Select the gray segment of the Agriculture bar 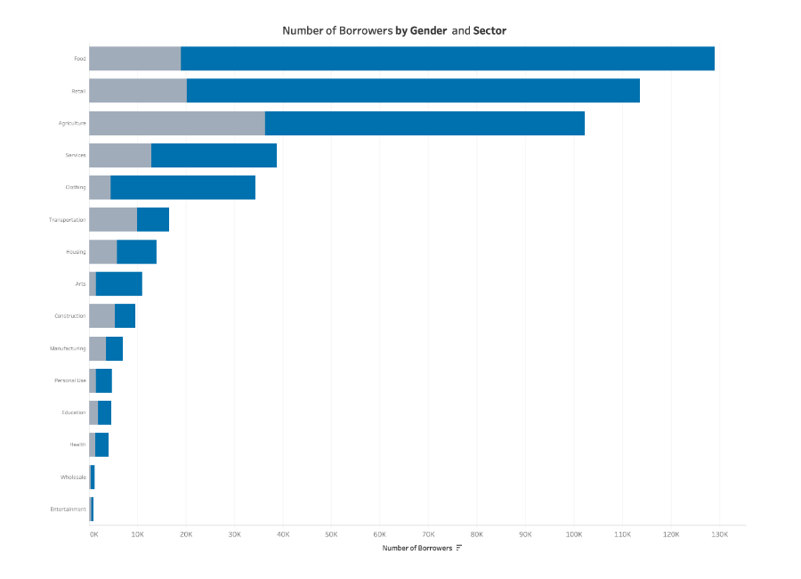pyautogui.click(x=176, y=123)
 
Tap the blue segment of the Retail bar pyautogui.click(x=413, y=91)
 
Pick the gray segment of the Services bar pyautogui.click(x=119, y=155)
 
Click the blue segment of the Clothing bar pyautogui.click(x=182, y=187)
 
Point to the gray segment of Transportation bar pyautogui.click(x=112, y=219)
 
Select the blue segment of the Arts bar pyautogui.click(x=118, y=283)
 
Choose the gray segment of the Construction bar pyautogui.click(x=101, y=315)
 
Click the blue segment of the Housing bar pyautogui.click(x=136, y=251)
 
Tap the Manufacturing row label pyautogui.click(x=68, y=348)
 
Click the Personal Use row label pyautogui.click(x=70, y=380)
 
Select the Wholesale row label pyautogui.click(x=73, y=477)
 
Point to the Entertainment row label pyautogui.click(x=69, y=509)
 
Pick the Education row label pyautogui.click(x=74, y=412)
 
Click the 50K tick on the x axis pyautogui.click(x=331, y=534)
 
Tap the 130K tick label pyautogui.click(x=720, y=534)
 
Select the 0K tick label pyautogui.click(x=93, y=534)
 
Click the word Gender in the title pyautogui.click(x=427, y=30)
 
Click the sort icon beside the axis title pyautogui.click(x=458, y=548)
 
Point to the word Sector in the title pyautogui.click(x=489, y=30)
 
